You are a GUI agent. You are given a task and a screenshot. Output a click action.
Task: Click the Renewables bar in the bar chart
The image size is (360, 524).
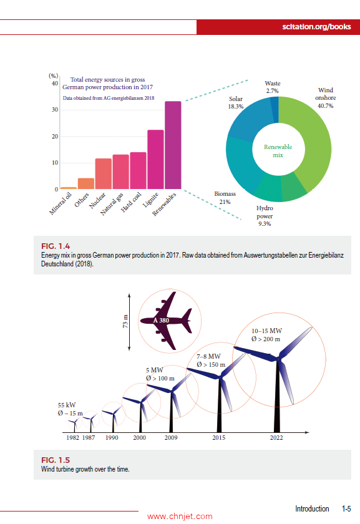click(x=173, y=145)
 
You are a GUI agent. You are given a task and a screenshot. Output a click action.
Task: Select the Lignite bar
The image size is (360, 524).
click(x=155, y=159)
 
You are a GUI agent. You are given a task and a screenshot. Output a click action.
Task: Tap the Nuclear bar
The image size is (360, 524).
click(x=104, y=173)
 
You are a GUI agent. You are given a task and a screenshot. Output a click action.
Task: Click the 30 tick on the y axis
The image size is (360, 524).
click(x=55, y=110)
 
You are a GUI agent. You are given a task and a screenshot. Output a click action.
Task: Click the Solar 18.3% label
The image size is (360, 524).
click(x=236, y=103)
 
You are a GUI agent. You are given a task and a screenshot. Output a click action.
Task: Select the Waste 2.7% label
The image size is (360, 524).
click(x=272, y=87)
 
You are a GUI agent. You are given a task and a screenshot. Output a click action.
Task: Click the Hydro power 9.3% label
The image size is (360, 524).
click(x=265, y=215)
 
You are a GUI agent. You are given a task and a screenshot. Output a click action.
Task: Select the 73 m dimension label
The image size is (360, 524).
click(x=125, y=321)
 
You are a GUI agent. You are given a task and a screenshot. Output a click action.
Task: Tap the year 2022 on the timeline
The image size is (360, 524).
click(x=276, y=438)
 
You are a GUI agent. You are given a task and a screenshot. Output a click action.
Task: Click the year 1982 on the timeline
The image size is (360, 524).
click(x=72, y=438)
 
